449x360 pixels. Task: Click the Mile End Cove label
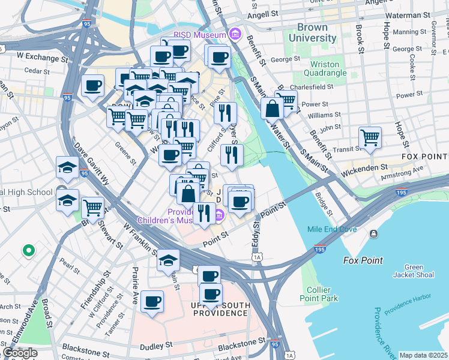coord(332,229)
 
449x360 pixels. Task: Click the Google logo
coord(20,353)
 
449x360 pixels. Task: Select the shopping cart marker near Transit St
coord(370,137)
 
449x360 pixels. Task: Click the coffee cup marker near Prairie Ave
coord(152,301)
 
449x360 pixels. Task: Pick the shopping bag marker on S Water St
coord(273,109)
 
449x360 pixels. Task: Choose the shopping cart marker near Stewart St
coord(92,208)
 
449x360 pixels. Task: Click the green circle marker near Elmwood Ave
coord(26,250)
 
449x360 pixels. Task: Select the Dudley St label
coord(155,346)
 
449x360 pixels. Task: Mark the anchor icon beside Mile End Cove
coord(375,233)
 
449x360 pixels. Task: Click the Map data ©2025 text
coord(424,355)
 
